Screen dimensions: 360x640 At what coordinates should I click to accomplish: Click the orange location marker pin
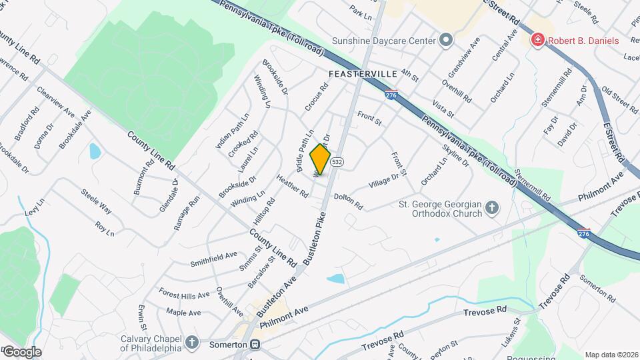pyautogui.click(x=321, y=159)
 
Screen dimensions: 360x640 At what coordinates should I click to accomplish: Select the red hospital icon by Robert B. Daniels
pyautogui.click(x=537, y=41)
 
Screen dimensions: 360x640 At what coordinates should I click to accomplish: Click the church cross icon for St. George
pyautogui.click(x=492, y=208)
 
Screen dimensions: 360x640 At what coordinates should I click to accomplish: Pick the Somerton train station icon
pyautogui.click(x=255, y=345)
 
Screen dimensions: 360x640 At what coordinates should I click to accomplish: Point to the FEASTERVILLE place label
pyautogui.click(x=363, y=73)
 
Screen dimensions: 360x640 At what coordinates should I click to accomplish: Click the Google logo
pyautogui.click(x=21, y=351)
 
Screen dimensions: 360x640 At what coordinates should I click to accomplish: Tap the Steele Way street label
pyautogui.click(x=97, y=201)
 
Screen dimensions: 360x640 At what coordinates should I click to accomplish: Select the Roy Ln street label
pyautogui.click(x=105, y=229)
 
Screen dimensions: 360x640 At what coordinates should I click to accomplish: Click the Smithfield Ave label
pyautogui.click(x=213, y=255)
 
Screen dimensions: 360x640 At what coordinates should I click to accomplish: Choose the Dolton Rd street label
pyautogui.click(x=348, y=200)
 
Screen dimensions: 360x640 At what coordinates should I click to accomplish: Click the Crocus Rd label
pyautogui.click(x=317, y=97)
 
